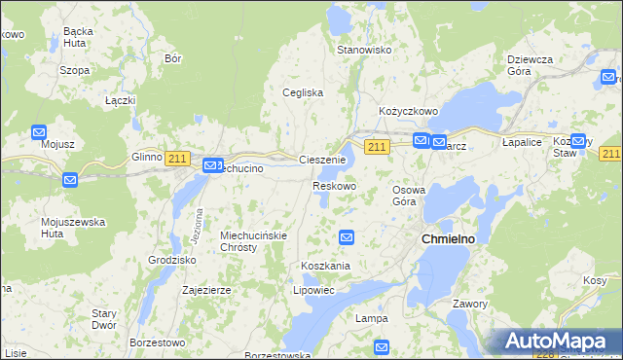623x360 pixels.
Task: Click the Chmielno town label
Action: [446, 238]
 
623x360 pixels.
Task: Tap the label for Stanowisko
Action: [363, 50]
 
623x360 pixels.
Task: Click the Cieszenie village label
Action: [322, 160]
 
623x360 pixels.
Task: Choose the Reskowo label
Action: [334, 185]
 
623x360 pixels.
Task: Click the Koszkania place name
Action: [325, 266]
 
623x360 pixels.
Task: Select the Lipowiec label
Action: [313, 290]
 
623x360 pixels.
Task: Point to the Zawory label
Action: [469, 304]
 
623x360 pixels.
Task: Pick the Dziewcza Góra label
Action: [530, 65]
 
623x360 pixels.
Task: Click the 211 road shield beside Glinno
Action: [176, 159]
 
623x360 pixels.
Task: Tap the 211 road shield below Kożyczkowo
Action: [379, 146]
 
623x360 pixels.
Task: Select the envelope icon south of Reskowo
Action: [347, 236]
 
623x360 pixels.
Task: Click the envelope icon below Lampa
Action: [382, 346]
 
